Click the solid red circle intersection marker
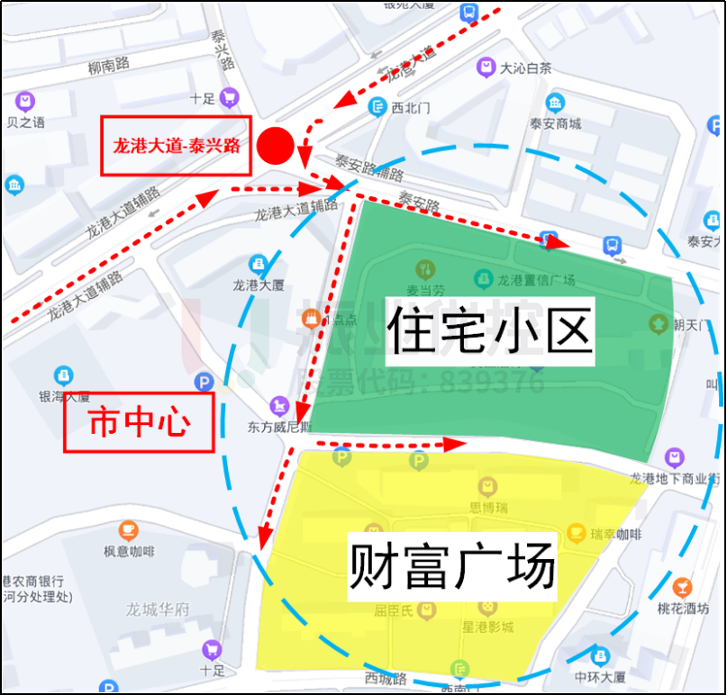pyautogui.click(x=276, y=145)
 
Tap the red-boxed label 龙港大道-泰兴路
pyautogui.click(x=175, y=145)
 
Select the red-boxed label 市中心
pyautogui.click(x=138, y=422)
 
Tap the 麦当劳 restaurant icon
pyautogui.click(x=423, y=269)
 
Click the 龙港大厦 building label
pyautogui.click(x=259, y=284)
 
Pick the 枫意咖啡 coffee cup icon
pyautogui.click(x=129, y=528)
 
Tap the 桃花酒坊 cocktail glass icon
pyautogui.click(x=682, y=587)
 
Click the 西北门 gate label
pyautogui.click(x=411, y=107)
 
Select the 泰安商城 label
pyautogui.click(x=555, y=124)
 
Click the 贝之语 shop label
pyautogui.click(x=25, y=122)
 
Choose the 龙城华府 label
pyautogui.click(x=158, y=609)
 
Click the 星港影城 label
pyautogui.click(x=487, y=627)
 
